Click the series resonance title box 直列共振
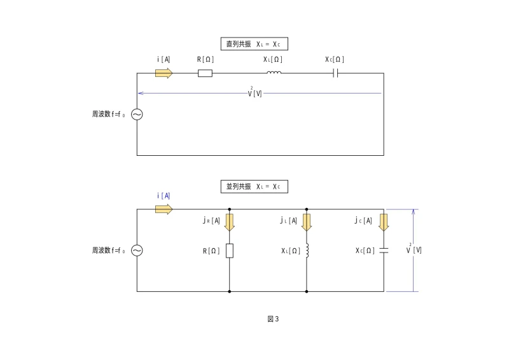[254, 45]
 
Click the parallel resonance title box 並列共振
[254, 187]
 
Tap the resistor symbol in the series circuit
[205, 73]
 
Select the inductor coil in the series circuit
[274, 73]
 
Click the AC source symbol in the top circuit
[137, 114]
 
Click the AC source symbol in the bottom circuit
[137, 251]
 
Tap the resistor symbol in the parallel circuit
[229, 251]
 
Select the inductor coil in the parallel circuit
[307, 251]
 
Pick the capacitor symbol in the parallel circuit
[384, 251]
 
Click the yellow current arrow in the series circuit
[164, 73]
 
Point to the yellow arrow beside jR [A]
[230, 221]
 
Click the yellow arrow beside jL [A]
[307, 221]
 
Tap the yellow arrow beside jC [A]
[384, 221]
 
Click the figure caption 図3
[273, 319]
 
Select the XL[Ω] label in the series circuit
[273, 60]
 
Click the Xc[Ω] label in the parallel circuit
[364, 251]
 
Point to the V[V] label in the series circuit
[255, 93]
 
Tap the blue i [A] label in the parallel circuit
[164, 196]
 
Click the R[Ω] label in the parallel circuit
[211, 251]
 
